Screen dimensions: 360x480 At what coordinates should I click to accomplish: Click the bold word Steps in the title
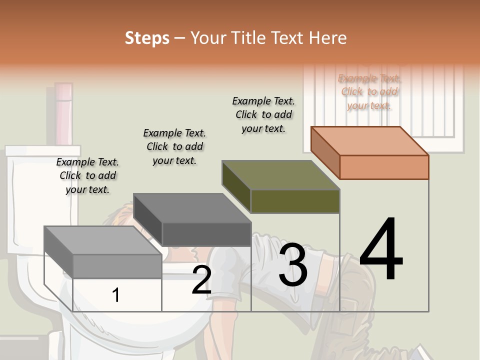[x=147, y=38]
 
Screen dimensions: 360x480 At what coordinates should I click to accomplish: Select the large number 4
[x=381, y=250]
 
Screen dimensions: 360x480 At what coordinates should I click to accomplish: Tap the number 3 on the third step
[x=293, y=265]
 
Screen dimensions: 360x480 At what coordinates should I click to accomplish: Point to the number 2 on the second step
[x=201, y=280]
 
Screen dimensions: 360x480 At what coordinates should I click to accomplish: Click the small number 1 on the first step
[x=116, y=295]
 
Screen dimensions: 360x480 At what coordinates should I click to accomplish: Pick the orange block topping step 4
[x=370, y=152]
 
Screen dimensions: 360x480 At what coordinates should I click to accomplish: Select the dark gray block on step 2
[x=192, y=219]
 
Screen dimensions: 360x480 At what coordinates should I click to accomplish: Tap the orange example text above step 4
[x=369, y=92]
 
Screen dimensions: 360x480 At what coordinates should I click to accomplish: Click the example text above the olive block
[x=263, y=115]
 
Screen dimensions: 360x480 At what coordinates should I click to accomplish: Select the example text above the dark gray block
[x=174, y=146]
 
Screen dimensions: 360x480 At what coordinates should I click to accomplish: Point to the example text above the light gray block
[x=87, y=175]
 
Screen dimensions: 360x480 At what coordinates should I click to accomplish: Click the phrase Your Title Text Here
[x=268, y=38]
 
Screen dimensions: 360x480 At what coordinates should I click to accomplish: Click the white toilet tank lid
[x=42, y=150]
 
